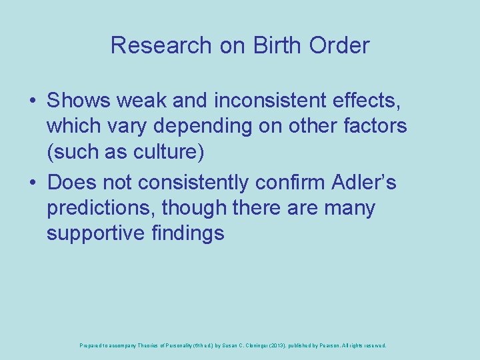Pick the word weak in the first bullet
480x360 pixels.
140,101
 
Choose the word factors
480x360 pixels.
374,126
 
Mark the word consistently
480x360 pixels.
207,182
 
